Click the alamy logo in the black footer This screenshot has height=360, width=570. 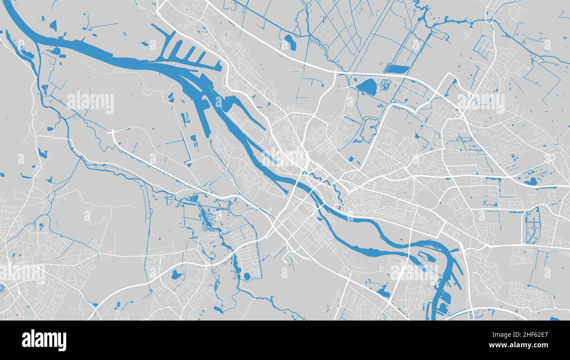pos(44,340)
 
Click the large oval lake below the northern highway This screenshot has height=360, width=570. pos(367,87)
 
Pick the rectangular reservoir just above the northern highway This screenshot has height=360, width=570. pos(396,69)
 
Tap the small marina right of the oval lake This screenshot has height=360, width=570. pos(385,85)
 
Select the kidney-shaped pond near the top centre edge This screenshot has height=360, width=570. pos(289,43)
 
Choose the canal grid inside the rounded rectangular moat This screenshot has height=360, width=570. pos(533,225)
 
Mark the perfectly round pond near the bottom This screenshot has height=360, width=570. pos(246,276)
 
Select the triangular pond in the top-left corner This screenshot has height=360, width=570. pos(53,26)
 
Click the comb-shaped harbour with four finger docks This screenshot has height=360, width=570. pos(184,50)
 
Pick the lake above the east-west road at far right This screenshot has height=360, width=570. pos(530,181)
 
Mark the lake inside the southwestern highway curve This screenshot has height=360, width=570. pos(176,275)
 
